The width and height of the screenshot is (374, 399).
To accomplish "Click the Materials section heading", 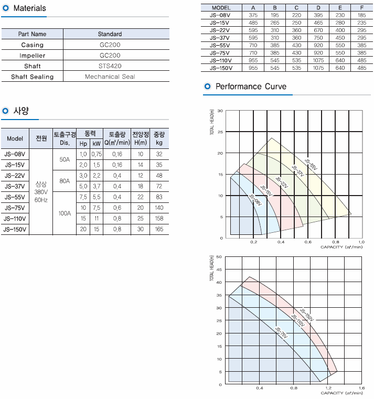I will pos(29,8).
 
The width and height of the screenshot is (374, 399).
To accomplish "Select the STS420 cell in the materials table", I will pos(110,67).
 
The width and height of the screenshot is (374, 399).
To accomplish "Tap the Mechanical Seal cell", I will pos(110,77).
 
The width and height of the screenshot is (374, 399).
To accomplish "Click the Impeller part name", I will pos(33,56).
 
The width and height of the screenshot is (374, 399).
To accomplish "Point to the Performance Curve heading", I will pos(251,87).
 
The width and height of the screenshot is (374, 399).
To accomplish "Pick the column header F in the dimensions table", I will pos(361,8).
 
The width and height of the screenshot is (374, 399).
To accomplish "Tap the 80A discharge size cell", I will pos(65,181).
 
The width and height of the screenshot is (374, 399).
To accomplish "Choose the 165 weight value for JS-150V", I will pos(159,229).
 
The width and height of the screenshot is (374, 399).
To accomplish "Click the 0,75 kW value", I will pos(97,154).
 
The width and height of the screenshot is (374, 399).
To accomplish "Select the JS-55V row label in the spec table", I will pos(15,197).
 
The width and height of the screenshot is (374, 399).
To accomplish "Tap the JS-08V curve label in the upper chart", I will pos(255,202).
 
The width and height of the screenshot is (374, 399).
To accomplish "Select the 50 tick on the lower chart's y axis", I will pos(219,257).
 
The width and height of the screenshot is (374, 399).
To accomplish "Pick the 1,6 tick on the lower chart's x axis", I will pos(361,388).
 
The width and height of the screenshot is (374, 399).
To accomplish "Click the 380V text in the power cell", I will pos(41,192).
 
